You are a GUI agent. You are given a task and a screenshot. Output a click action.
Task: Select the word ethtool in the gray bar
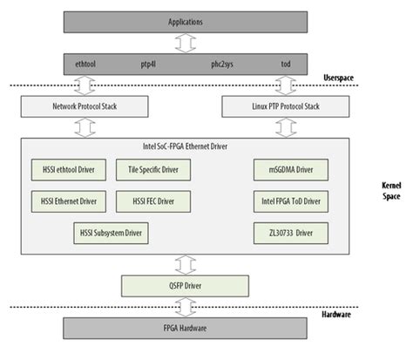tap(92, 63)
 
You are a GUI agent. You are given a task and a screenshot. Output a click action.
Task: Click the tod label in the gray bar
tap(284, 63)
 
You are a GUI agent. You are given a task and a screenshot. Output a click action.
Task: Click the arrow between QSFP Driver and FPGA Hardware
tap(184, 307)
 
